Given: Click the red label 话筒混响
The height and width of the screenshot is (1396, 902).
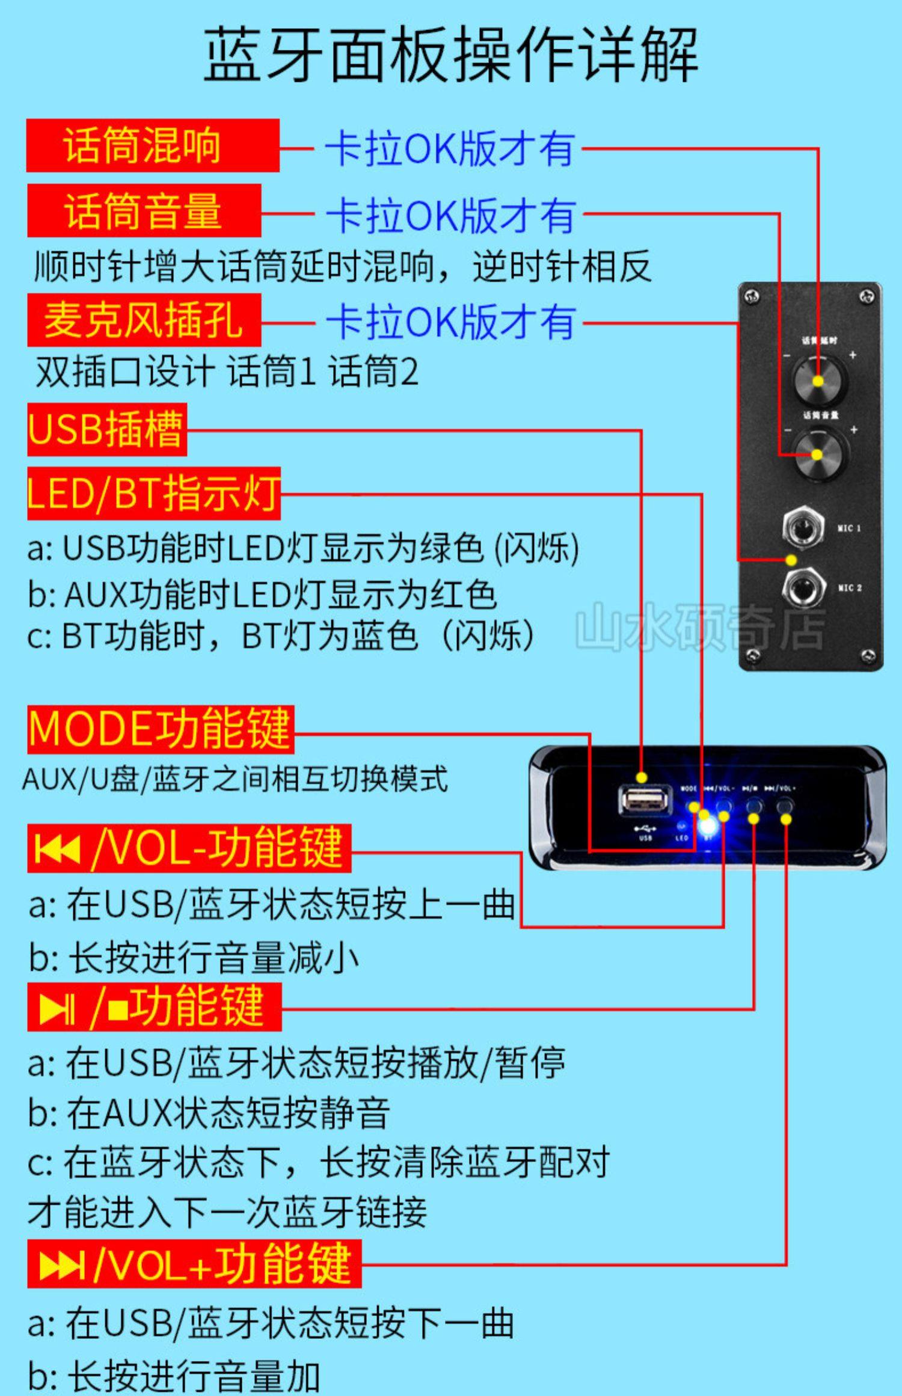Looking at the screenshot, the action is (153, 145).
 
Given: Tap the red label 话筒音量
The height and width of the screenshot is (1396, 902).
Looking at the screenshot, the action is (144, 210).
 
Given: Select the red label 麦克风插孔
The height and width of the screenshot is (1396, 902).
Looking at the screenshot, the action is (144, 320).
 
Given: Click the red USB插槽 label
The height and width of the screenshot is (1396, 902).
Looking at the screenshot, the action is (106, 429).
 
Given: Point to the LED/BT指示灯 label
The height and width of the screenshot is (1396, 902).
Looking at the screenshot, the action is (153, 493).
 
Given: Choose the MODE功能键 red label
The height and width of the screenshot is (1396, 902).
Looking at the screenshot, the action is (160, 729).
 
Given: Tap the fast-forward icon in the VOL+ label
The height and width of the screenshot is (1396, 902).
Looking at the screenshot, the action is (61, 1265).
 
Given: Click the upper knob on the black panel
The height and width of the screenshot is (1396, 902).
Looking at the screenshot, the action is (818, 380).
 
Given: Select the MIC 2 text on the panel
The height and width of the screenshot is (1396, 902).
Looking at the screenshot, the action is (850, 588).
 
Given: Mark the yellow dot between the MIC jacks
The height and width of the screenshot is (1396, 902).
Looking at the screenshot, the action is (791, 560).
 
